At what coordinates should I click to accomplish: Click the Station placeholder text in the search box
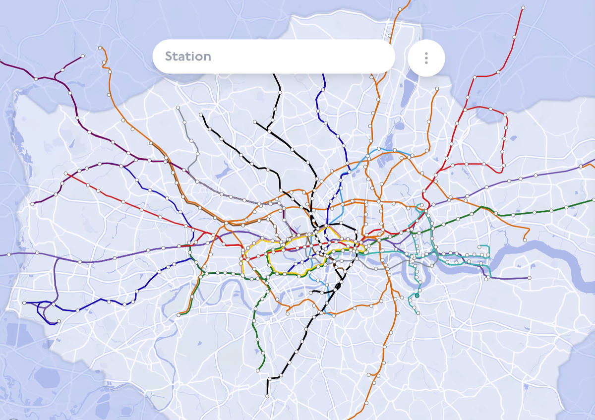pyautogui.click(x=188, y=57)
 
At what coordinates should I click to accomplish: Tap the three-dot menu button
pyautogui.click(x=426, y=58)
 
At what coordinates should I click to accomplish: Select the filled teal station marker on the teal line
pyautogui.click(x=417, y=296)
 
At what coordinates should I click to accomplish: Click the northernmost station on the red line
pyautogui.click(x=523, y=7)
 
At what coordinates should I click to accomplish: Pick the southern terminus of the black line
pyautogui.click(x=267, y=396)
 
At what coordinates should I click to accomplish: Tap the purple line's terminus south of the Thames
pyautogui.click(x=530, y=278)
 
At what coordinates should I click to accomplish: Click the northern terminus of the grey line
pyautogui.click(x=178, y=107)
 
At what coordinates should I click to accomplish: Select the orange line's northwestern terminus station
pyautogui.click(x=100, y=48)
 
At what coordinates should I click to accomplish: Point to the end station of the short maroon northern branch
pyautogui.click(x=82, y=56)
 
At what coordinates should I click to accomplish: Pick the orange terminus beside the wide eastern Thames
pyautogui.click(x=525, y=240)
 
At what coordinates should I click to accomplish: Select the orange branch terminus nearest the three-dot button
pyautogui.click(x=437, y=89)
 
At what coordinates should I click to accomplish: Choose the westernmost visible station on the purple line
pyautogui.click(x=8, y=255)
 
